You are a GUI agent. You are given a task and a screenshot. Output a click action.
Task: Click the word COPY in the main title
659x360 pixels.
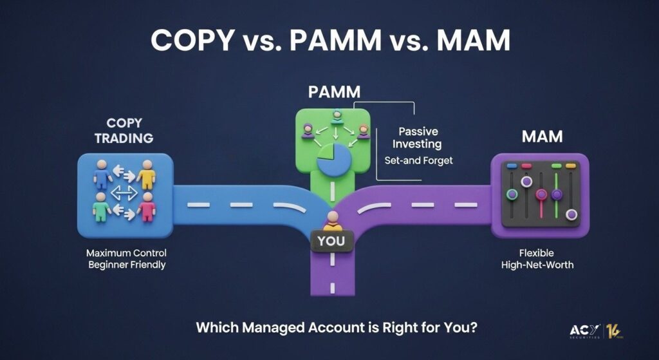pyautogui.click(x=192, y=41)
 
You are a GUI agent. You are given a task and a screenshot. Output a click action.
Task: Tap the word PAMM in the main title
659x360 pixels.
pyautogui.click(x=335, y=41)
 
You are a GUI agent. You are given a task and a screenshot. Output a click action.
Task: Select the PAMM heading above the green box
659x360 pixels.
pyautogui.click(x=334, y=92)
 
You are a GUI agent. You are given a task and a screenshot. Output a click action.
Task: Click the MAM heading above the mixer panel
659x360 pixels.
pyautogui.click(x=542, y=137)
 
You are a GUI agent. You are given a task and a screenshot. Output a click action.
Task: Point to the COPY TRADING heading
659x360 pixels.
pyautogui.click(x=124, y=130)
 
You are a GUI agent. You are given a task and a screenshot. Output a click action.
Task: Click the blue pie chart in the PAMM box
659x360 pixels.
pyautogui.click(x=334, y=160)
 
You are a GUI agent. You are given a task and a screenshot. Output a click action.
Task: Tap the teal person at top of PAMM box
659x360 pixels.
pyautogui.click(x=337, y=117)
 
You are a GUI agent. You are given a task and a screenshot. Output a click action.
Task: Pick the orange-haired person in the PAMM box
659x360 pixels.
pyautogui.click(x=364, y=131)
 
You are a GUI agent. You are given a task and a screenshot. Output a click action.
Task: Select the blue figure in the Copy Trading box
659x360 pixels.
pyautogui.click(x=102, y=174)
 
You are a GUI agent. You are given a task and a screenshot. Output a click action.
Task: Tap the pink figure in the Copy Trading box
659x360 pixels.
pyautogui.click(x=146, y=207)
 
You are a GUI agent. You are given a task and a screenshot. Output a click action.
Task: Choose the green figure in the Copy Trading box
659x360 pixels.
pyautogui.click(x=101, y=207)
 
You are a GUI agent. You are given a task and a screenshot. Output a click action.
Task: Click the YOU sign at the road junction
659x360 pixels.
pyautogui.click(x=331, y=241)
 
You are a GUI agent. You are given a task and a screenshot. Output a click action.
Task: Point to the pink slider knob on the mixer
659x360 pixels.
pyautogui.click(x=541, y=194)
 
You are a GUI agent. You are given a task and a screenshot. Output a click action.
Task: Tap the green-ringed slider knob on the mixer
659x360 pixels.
pyautogui.click(x=512, y=194)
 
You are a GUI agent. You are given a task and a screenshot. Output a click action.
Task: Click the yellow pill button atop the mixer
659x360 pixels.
pyautogui.click(x=570, y=166)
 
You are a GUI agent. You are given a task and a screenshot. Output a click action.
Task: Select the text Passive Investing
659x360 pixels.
pyautogui.click(x=417, y=138)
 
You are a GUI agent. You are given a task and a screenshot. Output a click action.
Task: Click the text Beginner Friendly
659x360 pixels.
pyautogui.click(x=127, y=265)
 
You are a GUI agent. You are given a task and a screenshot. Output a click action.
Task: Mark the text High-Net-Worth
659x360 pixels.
pyautogui.click(x=537, y=265)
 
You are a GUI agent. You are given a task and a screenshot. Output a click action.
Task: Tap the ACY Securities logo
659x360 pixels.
pyautogui.click(x=596, y=332)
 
